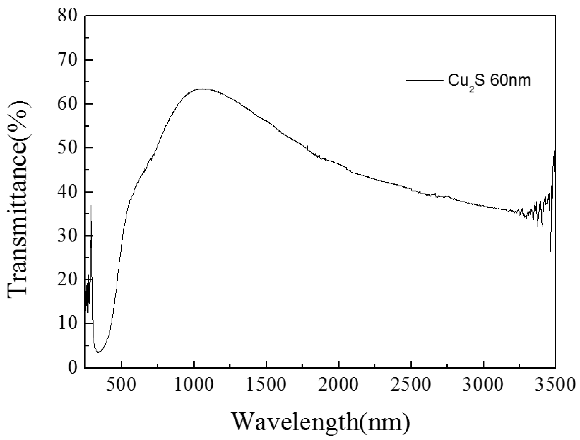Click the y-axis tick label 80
pyautogui.click(x=68, y=16)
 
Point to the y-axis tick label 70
pyautogui.click(x=68, y=60)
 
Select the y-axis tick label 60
pyautogui.click(x=68, y=104)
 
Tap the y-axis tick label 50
pyautogui.click(x=68, y=148)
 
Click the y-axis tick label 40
pyautogui.click(x=68, y=192)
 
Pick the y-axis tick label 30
pyautogui.click(x=68, y=236)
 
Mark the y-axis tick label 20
pyautogui.click(x=68, y=280)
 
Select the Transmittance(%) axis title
pyautogui.click(x=18, y=199)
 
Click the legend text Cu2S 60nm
pyautogui.click(x=489, y=81)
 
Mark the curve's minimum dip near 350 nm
pyautogui.click(x=98, y=352)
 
